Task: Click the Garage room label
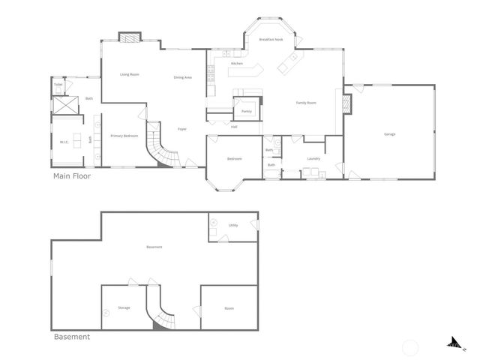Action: pos(389,134)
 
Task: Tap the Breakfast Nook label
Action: pos(271,39)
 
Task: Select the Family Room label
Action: pos(306,103)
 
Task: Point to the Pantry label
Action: pos(247,111)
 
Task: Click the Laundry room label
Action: pos(313,158)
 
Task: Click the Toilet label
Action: pos(58,85)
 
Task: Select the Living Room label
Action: pos(130,74)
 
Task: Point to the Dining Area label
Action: pos(183,77)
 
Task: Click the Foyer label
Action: pos(181,129)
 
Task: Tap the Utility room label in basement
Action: pos(233,225)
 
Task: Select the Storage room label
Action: pos(124,307)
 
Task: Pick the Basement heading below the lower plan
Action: pos(72,337)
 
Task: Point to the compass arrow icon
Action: pos(454,343)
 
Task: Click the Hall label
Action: pos(234,127)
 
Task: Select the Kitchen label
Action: pos(237,64)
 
